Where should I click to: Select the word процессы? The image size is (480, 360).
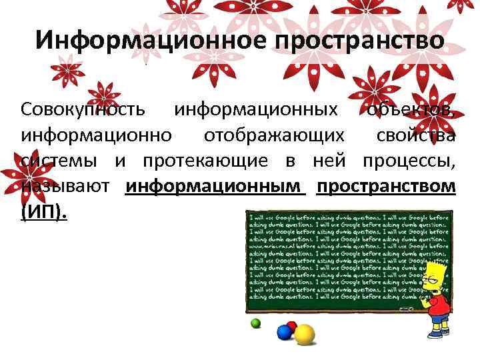pos(409,161)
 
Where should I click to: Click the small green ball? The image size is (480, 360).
pos(255,323)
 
